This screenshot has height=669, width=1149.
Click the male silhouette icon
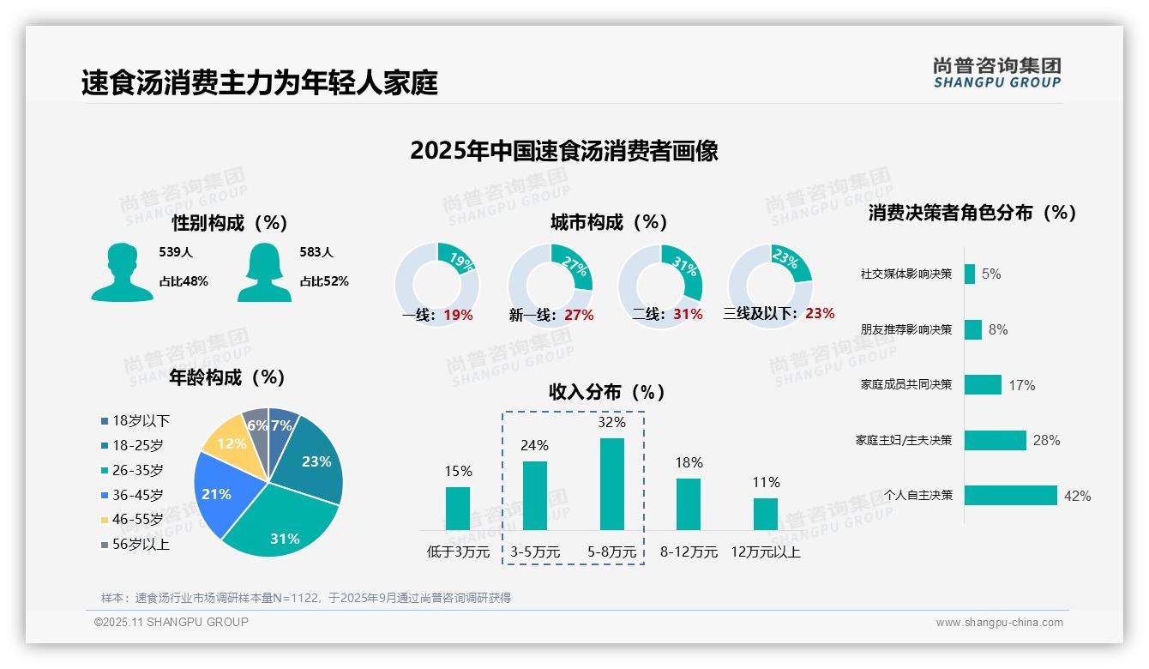click(x=122, y=272)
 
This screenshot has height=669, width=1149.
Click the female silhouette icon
click(x=264, y=272)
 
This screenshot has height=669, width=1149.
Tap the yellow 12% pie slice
click(x=229, y=442)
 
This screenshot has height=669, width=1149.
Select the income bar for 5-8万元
click(x=611, y=484)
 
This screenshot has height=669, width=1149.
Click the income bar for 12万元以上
click(x=765, y=514)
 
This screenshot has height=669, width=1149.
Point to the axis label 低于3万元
click(x=458, y=552)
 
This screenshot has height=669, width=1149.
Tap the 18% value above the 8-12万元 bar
click(x=688, y=463)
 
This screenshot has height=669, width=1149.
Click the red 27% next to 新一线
click(x=579, y=316)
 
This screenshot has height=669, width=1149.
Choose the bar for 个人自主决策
click(x=1010, y=496)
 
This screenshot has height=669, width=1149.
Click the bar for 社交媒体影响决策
click(x=970, y=274)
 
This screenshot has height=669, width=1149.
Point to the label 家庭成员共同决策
click(x=906, y=385)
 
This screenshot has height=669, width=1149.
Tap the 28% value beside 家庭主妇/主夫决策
click(x=1046, y=440)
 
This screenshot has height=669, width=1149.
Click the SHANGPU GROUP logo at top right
click(x=997, y=73)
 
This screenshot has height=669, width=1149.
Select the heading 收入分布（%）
click(x=607, y=392)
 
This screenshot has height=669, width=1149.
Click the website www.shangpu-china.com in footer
click(x=999, y=623)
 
